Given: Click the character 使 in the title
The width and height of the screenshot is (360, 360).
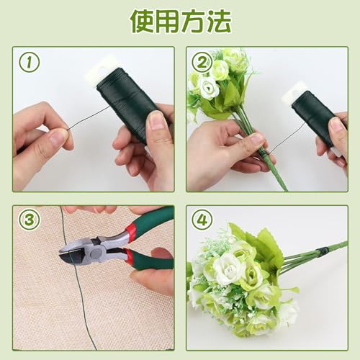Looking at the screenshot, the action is [143, 21].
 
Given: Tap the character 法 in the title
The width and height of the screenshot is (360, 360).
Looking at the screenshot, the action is [219, 21].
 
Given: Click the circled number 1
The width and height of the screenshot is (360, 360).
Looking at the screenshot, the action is [30, 63].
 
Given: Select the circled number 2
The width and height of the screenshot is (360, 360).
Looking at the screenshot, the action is [202, 63].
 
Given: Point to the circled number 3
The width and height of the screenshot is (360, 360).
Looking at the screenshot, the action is [30, 220].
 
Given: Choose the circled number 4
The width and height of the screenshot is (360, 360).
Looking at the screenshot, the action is [202, 220].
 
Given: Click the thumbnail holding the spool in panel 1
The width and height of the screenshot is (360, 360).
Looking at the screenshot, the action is [156, 120].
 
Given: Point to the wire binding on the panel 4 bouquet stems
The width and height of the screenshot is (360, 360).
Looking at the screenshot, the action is [322, 251].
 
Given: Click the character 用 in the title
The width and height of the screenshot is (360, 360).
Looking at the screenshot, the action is [168, 21].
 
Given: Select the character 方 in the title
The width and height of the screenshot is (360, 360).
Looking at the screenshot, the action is [193, 21].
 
